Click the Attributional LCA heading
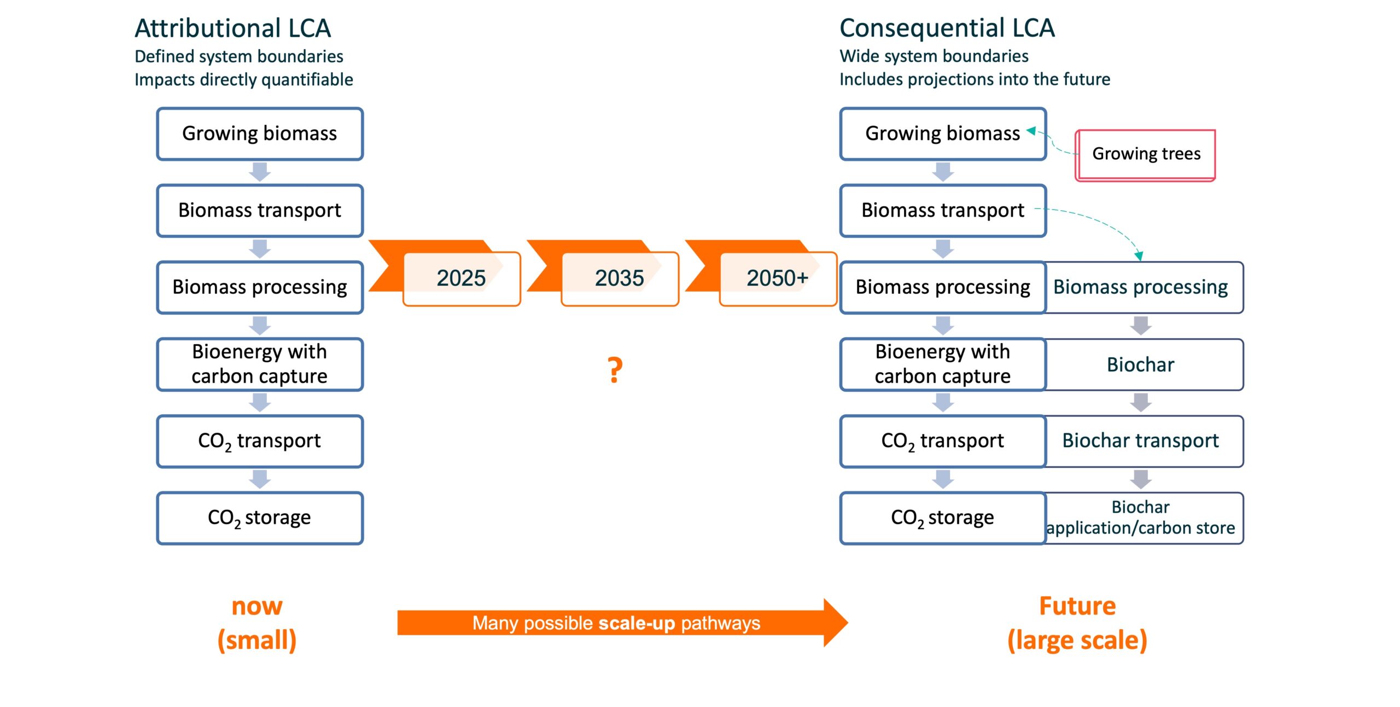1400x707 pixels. pos(232,28)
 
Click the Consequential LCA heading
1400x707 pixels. pos(947,28)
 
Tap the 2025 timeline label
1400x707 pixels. pos(461,278)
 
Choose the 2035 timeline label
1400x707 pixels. pos(619,278)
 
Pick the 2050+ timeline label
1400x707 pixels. pos(777,278)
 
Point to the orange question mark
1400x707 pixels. pos(615,370)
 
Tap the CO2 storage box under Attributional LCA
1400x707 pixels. pos(260,518)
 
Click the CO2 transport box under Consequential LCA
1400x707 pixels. pos(942,441)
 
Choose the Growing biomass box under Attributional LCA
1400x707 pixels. pos(260,134)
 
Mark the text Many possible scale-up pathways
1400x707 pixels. pos(616,623)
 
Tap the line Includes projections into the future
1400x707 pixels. pos(975,79)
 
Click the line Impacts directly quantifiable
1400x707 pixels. pos(244,80)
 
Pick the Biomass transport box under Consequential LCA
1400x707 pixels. pos(942,211)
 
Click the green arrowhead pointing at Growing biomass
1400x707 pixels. pos(1031,131)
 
